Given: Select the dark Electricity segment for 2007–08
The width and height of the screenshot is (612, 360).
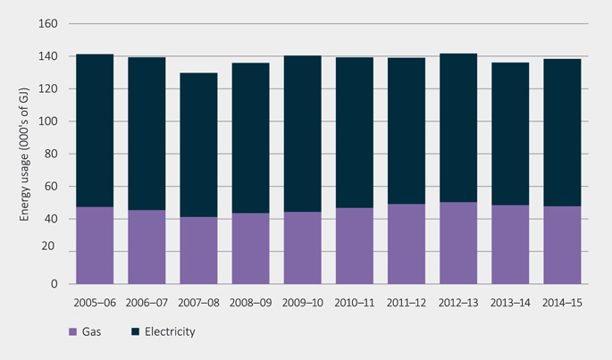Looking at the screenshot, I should [x=198, y=145].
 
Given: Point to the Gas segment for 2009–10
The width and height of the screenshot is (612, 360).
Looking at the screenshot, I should [x=303, y=247].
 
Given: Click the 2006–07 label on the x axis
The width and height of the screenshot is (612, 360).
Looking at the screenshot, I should [x=147, y=304].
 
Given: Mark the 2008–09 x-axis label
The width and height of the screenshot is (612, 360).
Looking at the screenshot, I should [x=250, y=304].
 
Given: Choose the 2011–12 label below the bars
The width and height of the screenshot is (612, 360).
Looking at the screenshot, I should [x=407, y=304].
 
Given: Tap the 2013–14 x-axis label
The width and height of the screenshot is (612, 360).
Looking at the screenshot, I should [x=511, y=304].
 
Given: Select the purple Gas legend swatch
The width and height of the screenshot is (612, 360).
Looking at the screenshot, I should [x=72, y=332].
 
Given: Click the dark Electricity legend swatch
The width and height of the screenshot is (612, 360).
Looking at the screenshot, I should [x=134, y=332].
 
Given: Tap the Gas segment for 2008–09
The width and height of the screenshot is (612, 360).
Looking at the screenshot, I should [x=250, y=248].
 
